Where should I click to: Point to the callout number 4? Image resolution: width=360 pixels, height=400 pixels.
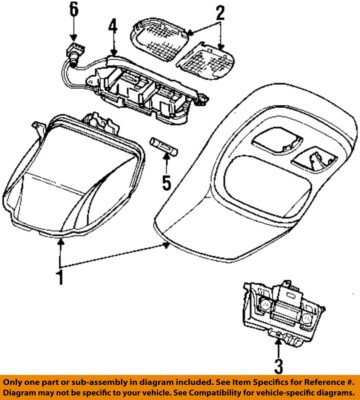(114, 24)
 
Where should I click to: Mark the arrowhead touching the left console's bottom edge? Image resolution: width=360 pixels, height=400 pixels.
(65, 241)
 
